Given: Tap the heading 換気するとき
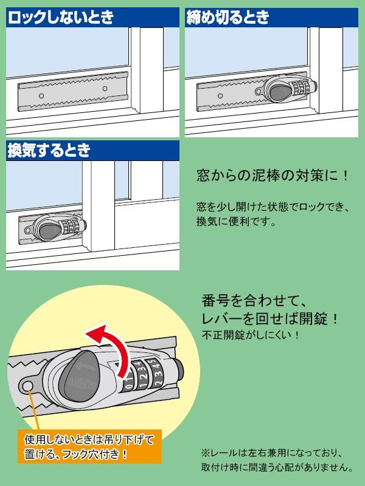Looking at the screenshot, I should [49, 151].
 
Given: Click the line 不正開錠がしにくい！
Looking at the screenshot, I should [250, 335].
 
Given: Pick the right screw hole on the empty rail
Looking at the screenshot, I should [105, 89].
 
